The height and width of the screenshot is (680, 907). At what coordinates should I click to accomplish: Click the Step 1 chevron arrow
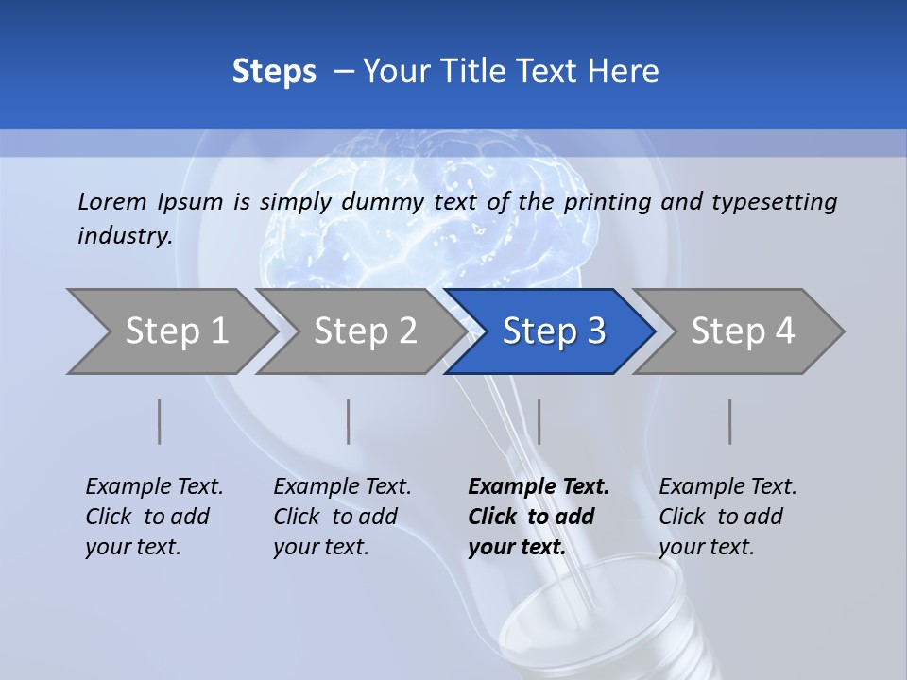(175, 331)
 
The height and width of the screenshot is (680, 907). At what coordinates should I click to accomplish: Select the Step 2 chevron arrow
(364, 331)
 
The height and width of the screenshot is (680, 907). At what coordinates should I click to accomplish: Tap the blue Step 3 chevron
(553, 331)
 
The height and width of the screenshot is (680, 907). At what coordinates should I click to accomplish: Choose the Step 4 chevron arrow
(742, 331)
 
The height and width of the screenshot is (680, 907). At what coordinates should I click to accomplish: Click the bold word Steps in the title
(274, 72)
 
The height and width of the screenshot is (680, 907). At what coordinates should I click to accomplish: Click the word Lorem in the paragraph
(112, 201)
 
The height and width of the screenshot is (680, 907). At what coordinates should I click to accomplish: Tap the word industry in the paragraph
(124, 235)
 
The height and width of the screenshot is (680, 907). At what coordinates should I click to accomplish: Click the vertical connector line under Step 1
(160, 421)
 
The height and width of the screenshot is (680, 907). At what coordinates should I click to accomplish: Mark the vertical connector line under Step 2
(349, 421)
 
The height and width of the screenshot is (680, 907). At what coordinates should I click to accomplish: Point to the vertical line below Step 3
(539, 421)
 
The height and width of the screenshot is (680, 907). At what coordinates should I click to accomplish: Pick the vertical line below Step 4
(730, 421)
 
